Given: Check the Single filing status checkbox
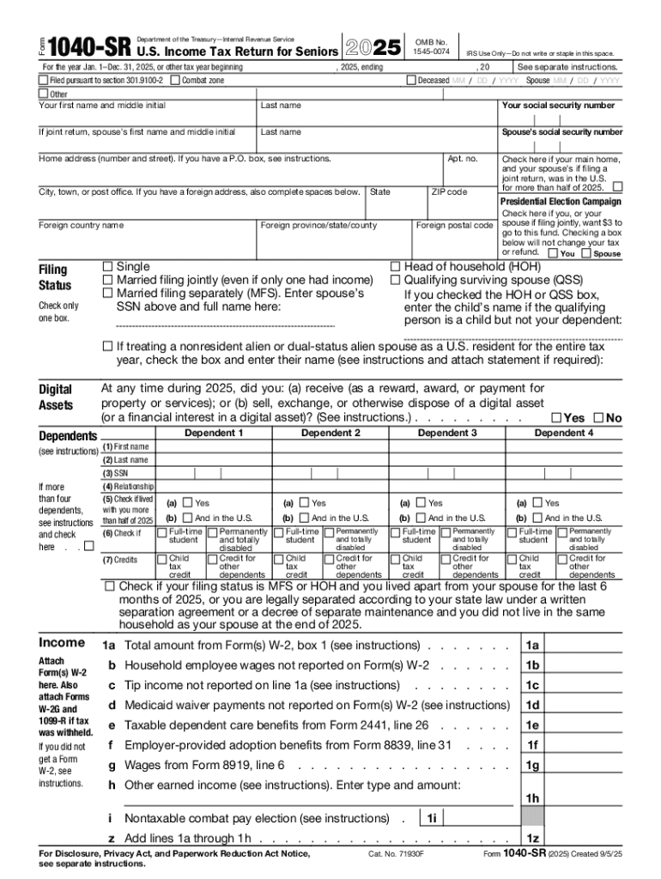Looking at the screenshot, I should tap(108, 267).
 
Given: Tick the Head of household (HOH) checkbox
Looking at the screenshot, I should tap(396, 267).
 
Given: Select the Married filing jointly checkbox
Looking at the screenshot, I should tap(108, 281).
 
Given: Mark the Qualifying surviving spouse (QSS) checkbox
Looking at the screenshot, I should tap(396, 281).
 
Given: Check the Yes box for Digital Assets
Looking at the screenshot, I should tap(557, 418).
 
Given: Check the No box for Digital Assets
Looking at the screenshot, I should tap(598, 418).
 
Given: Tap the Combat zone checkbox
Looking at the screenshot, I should tap(175, 81).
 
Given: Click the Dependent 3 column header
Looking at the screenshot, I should tap(446, 433).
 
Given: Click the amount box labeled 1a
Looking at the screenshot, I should tap(532, 646).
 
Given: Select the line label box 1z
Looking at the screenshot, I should tap(532, 839).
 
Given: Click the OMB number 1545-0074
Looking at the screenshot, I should tap(431, 47).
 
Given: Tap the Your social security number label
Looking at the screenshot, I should tap(558, 106).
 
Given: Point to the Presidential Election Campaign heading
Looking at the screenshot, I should tap(561, 202).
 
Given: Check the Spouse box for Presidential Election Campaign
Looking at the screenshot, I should tap(586, 254).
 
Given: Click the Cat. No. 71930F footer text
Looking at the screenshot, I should tap(397, 855).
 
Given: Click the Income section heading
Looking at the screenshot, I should tap(62, 643).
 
